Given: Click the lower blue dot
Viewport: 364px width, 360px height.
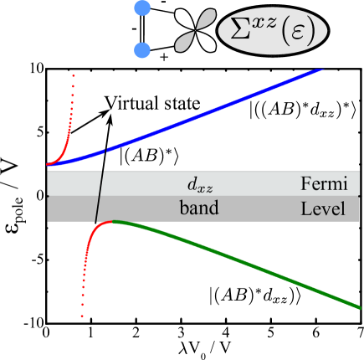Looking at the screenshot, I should tap(143, 51).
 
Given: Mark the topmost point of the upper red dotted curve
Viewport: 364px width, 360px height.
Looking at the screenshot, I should tap(74, 76).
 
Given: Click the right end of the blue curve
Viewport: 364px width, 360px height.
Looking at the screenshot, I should tap(322, 69).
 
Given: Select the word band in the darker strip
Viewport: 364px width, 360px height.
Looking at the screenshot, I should tap(198, 208).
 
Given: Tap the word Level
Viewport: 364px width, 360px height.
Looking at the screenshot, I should tap(322, 208).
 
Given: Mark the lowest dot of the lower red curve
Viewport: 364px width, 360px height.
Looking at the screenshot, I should tap(82, 317).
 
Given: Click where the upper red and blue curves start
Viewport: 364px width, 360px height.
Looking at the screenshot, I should tap(49, 165).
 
